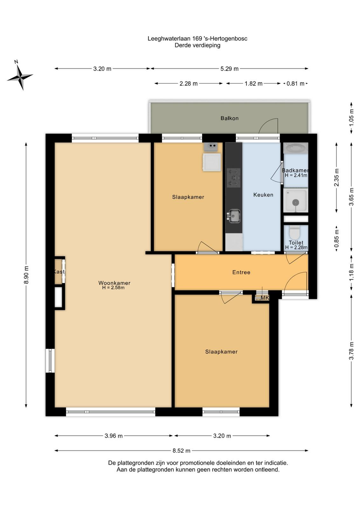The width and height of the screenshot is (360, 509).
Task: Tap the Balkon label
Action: (x=229, y=118)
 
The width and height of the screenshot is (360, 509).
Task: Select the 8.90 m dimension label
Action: (x=26, y=275)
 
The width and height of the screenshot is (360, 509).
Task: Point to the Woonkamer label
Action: (x=114, y=283)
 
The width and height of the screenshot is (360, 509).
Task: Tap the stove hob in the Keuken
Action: (x=234, y=178)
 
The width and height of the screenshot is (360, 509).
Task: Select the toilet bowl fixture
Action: (x=295, y=232)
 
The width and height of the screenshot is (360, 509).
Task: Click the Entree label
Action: (x=241, y=272)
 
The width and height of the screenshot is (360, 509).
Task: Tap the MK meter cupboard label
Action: (x=265, y=298)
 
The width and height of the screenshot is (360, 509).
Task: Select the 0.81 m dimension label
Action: (x=295, y=84)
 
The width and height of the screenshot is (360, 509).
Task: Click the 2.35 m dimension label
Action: (x=336, y=178)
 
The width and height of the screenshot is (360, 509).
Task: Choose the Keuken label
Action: (x=263, y=195)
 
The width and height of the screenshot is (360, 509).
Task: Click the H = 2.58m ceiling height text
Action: (x=113, y=288)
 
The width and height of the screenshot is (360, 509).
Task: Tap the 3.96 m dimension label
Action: (x=114, y=436)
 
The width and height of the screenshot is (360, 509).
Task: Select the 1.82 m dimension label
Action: (x=253, y=84)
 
